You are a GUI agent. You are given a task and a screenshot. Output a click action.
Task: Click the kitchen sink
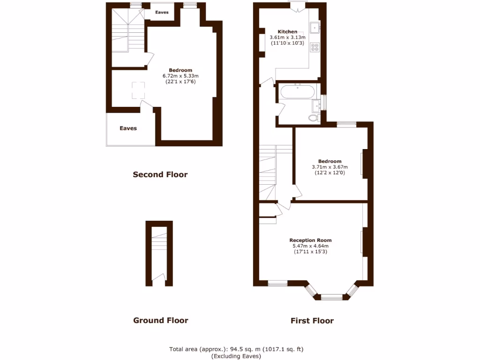[315, 28]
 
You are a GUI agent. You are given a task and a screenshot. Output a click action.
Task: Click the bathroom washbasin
[316, 104]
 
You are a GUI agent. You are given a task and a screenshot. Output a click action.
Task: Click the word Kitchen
[288, 31]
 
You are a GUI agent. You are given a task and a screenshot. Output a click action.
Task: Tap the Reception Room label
[310, 240]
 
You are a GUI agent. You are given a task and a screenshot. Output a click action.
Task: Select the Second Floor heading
[160, 175]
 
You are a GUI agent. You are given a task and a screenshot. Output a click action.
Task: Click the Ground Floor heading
[160, 321]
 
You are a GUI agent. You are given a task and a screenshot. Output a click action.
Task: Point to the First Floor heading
[312, 321]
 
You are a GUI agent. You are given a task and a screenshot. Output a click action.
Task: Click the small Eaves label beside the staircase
[162, 13]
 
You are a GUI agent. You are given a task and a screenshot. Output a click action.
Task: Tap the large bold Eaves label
[128, 128]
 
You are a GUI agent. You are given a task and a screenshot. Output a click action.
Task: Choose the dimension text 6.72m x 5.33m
[180, 76]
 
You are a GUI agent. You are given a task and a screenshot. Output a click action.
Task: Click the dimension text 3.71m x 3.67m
[330, 167]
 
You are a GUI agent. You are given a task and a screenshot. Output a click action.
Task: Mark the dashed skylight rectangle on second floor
[138, 90]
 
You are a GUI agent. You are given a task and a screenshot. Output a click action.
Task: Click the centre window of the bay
[332, 297]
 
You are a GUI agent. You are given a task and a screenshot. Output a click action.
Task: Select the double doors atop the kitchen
[297, 6]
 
